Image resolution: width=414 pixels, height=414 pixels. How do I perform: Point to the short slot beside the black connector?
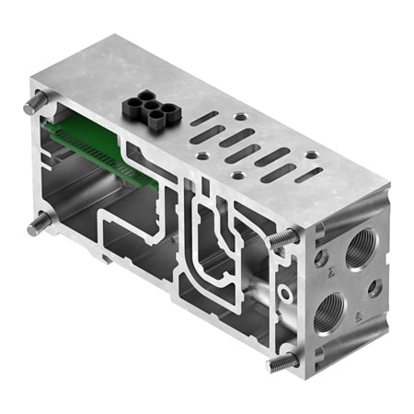(x=205, y=119)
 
